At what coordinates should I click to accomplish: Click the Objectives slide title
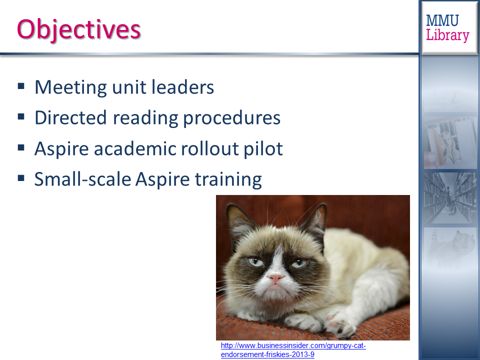[x=78, y=29]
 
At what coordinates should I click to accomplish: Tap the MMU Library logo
[x=447, y=28]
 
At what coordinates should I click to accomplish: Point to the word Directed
[x=70, y=117]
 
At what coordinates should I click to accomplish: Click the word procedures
[x=231, y=118]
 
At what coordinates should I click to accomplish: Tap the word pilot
[x=263, y=149]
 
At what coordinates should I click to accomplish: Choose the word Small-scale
[x=82, y=179]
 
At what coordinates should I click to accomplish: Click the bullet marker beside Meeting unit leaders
[x=21, y=86]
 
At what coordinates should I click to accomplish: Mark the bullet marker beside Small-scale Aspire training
[x=21, y=178]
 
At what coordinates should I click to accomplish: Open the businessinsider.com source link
[x=293, y=350]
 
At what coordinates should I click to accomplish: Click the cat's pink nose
[x=275, y=277]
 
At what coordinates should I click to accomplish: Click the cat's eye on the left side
[x=255, y=261]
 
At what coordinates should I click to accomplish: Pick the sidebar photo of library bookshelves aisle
[x=450, y=198]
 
